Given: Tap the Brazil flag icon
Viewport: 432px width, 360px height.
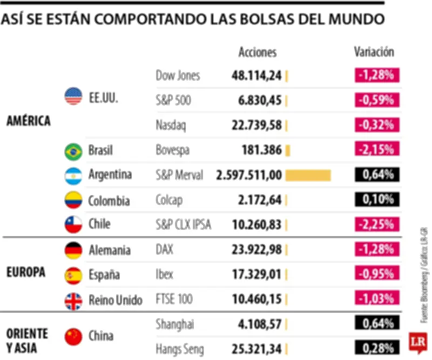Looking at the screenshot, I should coord(73,151).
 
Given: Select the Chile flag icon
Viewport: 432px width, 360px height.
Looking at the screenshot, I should coord(73,224).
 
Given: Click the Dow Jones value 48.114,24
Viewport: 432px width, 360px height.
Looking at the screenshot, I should coord(256,76).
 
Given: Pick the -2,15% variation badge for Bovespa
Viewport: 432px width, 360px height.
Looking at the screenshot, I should coord(377,150).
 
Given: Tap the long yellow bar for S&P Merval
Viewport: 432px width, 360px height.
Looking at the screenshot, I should coord(308,176).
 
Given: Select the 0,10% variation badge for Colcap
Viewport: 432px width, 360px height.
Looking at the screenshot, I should coord(377,200).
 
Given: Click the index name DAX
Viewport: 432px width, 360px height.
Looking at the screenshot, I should coord(165,250).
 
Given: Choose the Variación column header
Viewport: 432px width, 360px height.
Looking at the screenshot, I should coord(374,52).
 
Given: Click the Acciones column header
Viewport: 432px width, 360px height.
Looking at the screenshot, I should coord(258,52).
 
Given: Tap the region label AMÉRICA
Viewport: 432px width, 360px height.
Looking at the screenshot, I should coord(29,121).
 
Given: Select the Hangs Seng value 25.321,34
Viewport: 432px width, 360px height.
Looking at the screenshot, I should coord(256,349).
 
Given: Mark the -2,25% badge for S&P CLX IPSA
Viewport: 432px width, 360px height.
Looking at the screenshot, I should coord(377,224).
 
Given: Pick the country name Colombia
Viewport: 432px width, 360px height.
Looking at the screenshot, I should coord(109,201).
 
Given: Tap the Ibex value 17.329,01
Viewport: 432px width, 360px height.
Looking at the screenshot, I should coord(256,275).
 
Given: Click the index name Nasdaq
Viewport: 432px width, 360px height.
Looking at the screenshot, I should coord(171,125).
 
